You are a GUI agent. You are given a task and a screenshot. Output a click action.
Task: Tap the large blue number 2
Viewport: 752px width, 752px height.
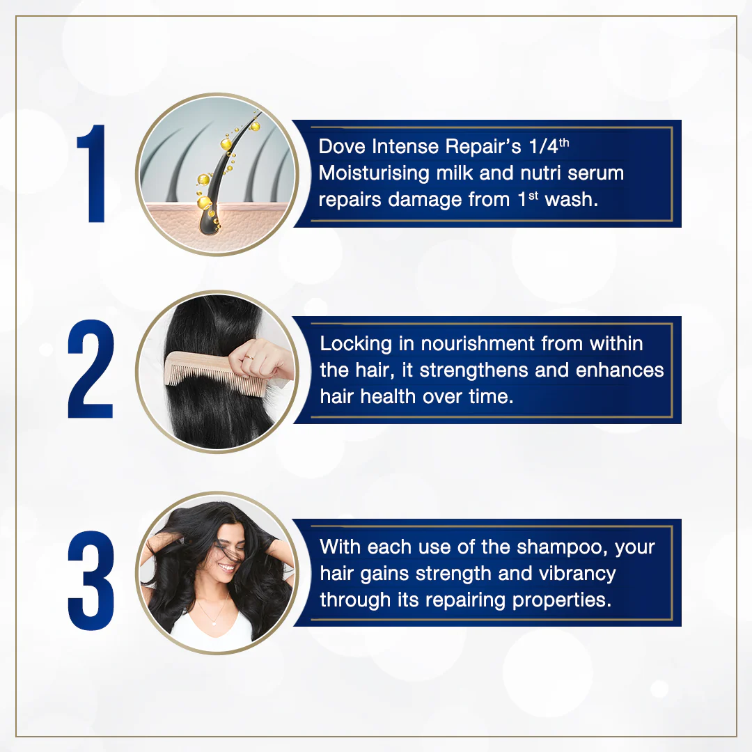pos(91,368)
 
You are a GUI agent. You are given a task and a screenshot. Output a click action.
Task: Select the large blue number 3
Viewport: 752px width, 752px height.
pos(91,580)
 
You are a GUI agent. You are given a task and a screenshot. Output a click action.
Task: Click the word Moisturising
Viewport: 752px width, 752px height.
pos(374,173)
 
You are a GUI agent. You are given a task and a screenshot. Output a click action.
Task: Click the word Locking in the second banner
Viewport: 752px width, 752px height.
pos(357,344)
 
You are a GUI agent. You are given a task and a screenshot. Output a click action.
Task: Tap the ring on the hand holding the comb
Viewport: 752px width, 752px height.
pos(249,357)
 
